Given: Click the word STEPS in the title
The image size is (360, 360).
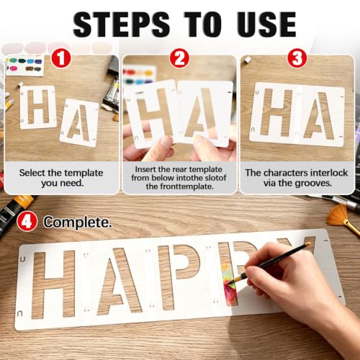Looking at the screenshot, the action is (122, 24).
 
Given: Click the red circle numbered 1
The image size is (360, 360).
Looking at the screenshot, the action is (61, 58).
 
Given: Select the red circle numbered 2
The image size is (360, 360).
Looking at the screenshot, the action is (179, 58).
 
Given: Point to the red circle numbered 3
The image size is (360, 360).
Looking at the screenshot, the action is (297, 58).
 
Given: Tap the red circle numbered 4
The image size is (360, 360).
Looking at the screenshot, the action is (27, 221).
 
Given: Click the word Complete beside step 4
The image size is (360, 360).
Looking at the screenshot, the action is (78, 222).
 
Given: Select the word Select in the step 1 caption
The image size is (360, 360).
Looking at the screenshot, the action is (32, 173).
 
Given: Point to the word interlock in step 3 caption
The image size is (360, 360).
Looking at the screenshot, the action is (329, 173).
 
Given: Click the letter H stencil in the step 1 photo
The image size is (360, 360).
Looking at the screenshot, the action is (38, 107).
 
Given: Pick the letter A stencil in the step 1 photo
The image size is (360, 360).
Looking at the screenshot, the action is (79, 122).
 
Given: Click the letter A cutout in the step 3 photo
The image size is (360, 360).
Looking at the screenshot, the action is (318, 115).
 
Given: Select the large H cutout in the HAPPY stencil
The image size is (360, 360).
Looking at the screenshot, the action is (53, 284).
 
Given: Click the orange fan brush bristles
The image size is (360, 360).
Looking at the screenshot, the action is (337, 215).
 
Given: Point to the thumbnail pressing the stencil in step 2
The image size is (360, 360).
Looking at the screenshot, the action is (166, 142).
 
